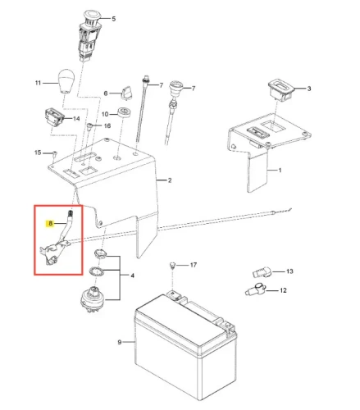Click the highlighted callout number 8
pos(50,223)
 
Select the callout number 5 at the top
pos(113,19)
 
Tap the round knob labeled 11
pos(65,80)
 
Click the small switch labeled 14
pos(53,116)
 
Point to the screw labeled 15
pos(55,153)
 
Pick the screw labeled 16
pos(89,127)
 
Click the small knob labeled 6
pos(125,93)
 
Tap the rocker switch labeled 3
pos(280,89)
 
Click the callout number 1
pos(280,170)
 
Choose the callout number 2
pos(170,180)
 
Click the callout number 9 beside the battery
pos(119,342)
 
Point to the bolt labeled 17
pos(172,266)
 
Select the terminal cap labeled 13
pos(261,272)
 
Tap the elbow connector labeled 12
pos(256,289)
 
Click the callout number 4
pos(132,276)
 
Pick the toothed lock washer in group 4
pos(96,272)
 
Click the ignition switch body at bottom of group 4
pos(93,297)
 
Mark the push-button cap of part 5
pos(92,14)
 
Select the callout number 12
pos(283,290)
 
